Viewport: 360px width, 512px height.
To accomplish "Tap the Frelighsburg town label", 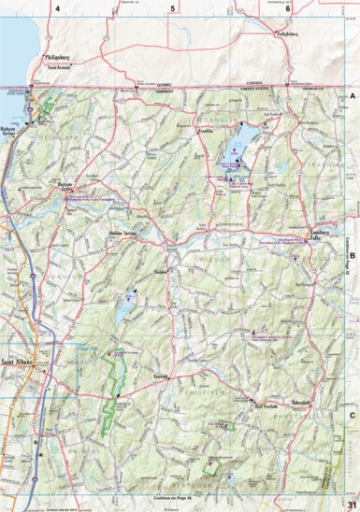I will pyautogui.click(x=293, y=34).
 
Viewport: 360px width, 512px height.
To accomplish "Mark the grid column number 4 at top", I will pyautogui.click(x=57, y=8).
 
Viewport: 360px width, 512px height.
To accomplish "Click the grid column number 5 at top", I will pyautogui.click(x=172, y=8).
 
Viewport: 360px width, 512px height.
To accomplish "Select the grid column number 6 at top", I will pyautogui.click(x=287, y=8).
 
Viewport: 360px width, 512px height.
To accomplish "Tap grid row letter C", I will pyautogui.click(x=353, y=416).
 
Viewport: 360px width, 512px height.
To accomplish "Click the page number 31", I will pyautogui.click(x=351, y=505).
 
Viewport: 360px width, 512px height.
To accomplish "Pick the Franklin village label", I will pyautogui.click(x=207, y=132).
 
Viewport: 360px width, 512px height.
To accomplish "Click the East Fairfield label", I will pyautogui.click(x=267, y=406).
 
